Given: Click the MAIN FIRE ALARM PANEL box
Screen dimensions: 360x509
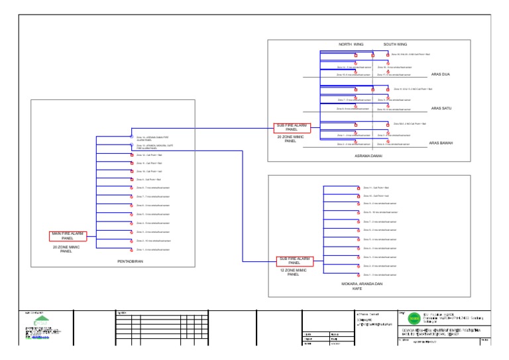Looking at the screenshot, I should [x=67, y=236].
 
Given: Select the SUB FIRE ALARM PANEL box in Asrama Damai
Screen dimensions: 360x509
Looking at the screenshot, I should [x=292, y=127].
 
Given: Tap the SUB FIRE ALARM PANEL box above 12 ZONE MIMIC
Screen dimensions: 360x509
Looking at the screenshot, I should [x=294, y=261].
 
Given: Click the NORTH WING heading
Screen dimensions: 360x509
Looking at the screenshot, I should [x=351, y=44].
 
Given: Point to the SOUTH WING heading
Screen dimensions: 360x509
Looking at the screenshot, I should [x=395, y=44].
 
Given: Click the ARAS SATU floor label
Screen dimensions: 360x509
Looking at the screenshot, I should [x=440, y=108].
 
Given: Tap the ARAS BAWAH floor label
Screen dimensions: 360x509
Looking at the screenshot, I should [x=441, y=143].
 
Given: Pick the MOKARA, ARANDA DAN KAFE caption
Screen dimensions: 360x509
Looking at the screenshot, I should [x=367, y=286].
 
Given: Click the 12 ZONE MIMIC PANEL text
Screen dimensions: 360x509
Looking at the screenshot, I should [x=294, y=272].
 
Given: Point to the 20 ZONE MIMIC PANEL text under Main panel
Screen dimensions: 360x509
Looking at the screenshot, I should [x=66, y=249].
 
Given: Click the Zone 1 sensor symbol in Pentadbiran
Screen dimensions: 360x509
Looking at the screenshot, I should [x=131, y=249].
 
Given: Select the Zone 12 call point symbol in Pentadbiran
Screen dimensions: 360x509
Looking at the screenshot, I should [x=131, y=154].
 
